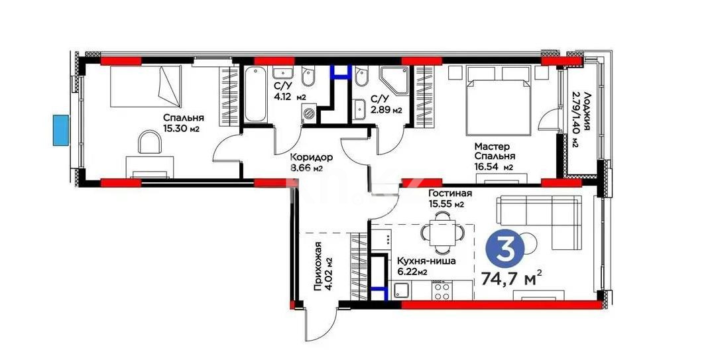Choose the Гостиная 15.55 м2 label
coord(449,198)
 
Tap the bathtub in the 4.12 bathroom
coord(255,96)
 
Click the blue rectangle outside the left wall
coord(61,129)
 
